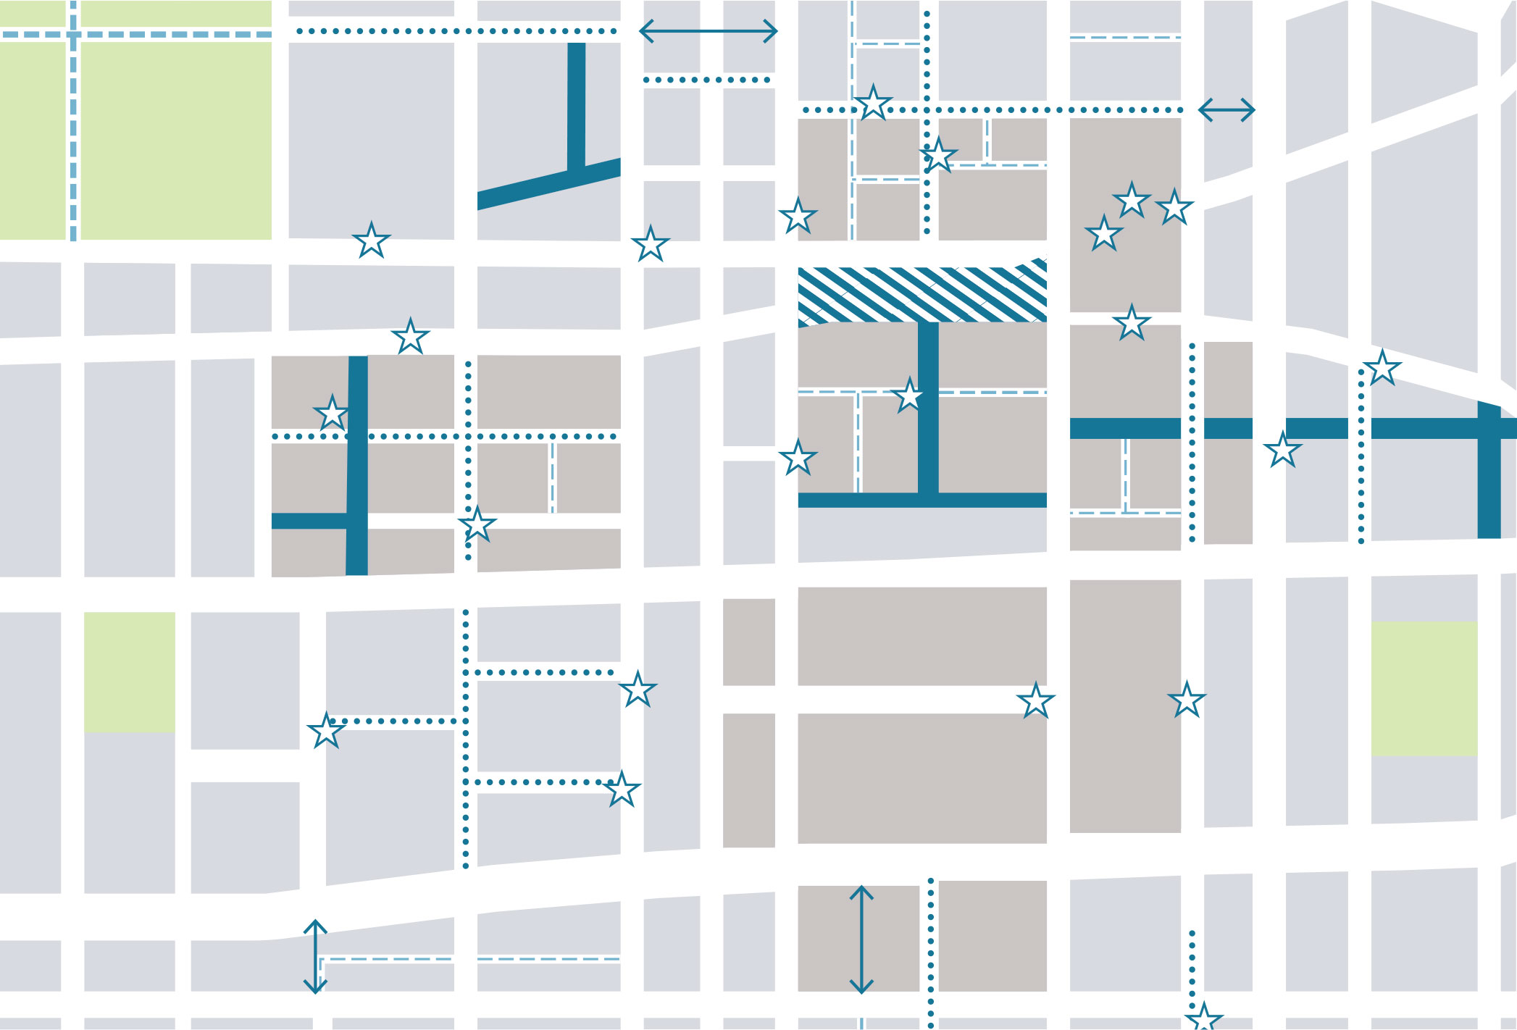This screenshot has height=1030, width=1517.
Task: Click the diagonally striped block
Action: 922,294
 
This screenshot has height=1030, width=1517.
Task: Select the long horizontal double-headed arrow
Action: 708,31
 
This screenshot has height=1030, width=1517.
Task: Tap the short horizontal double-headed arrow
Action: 1226,110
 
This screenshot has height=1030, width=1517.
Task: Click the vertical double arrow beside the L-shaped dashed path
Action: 315,956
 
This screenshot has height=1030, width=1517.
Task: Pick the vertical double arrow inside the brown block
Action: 861,939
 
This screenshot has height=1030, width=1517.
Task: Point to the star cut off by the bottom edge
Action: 1203,1018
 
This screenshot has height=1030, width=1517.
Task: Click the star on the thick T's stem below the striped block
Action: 909,396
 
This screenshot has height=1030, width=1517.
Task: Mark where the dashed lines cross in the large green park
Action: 73,34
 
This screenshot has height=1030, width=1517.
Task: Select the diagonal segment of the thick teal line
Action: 548,184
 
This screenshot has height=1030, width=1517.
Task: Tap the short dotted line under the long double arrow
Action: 707,80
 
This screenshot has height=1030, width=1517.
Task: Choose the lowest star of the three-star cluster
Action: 1103,234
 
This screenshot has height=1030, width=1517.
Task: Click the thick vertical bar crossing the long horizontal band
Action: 1489,471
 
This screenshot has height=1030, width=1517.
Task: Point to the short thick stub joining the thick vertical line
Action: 309,521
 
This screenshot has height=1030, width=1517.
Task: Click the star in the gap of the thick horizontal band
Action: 1282,450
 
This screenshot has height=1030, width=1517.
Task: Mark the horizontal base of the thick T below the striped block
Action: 922,500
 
